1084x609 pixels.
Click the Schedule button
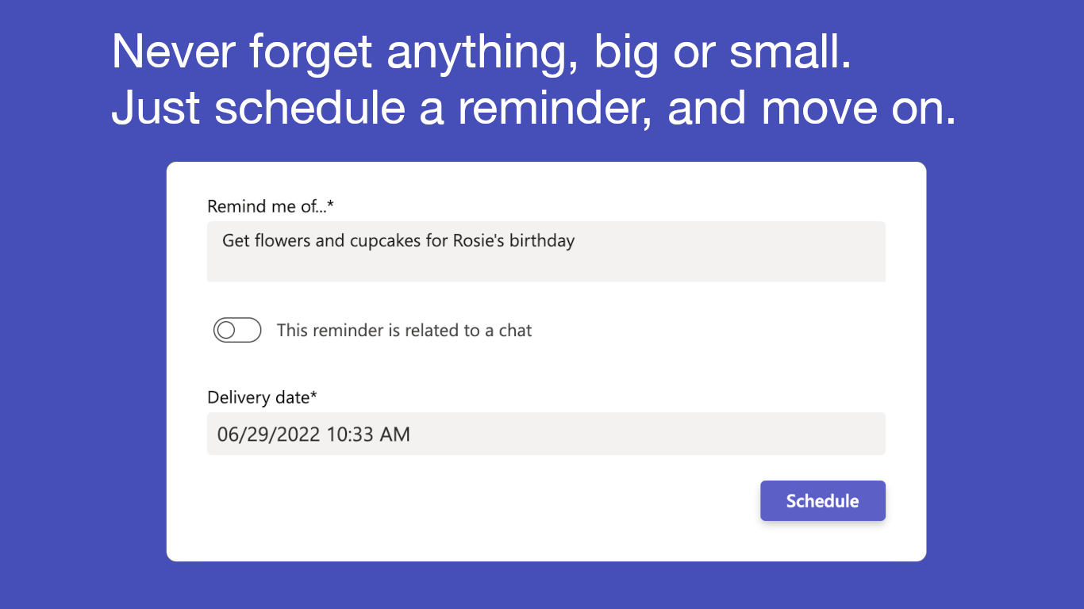pyautogui.click(x=822, y=501)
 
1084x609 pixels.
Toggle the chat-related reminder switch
pyautogui.click(x=237, y=330)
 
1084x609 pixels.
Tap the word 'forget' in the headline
pyautogui.click(x=310, y=52)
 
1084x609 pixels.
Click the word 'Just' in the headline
pyautogui.click(x=155, y=109)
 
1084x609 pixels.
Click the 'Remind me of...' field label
pyautogui.click(x=271, y=207)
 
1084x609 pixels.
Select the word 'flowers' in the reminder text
pyautogui.click(x=283, y=240)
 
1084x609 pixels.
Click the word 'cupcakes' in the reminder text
pyautogui.click(x=385, y=240)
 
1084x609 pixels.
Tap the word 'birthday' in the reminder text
pyautogui.click(x=542, y=240)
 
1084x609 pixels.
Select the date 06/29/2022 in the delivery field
pyautogui.click(x=268, y=434)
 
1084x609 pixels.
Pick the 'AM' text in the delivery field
pyautogui.click(x=394, y=434)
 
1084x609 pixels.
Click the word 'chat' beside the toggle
pyautogui.click(x=515, y=330)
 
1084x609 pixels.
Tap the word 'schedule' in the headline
pyautogui.click(x=309, y=109)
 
